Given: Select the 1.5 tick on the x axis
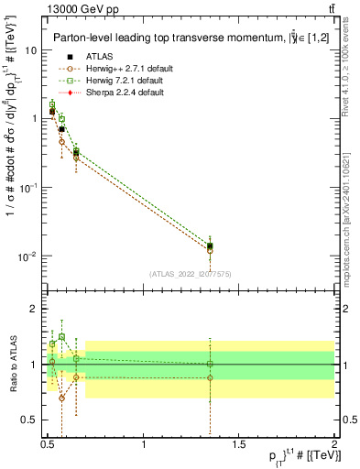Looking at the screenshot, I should [239, 443].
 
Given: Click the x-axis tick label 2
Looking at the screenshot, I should [333, 443].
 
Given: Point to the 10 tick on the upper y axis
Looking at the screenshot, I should [31, 50].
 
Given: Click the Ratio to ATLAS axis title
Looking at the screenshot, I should [12, 364].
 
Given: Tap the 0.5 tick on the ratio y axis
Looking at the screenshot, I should [29, 420].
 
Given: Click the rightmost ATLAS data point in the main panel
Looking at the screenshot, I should [210, 245].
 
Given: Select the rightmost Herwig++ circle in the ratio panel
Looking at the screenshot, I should [210, 377].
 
